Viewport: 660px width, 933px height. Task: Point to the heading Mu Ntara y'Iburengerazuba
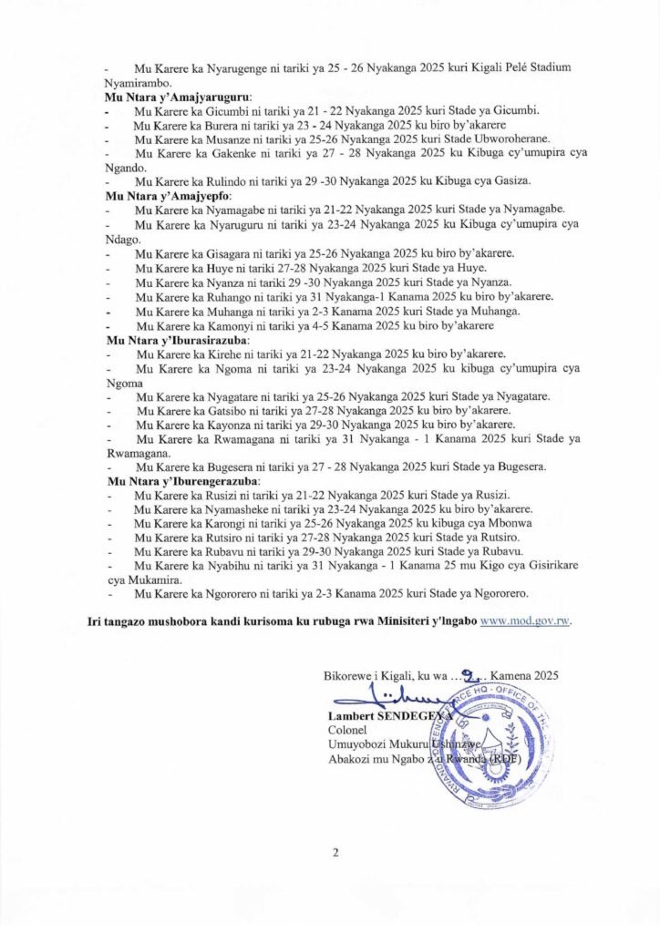click(x=184, y=480)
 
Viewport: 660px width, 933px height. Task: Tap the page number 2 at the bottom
click(x=335, y=853)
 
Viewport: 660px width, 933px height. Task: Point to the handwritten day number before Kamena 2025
click(x=468, y=675)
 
